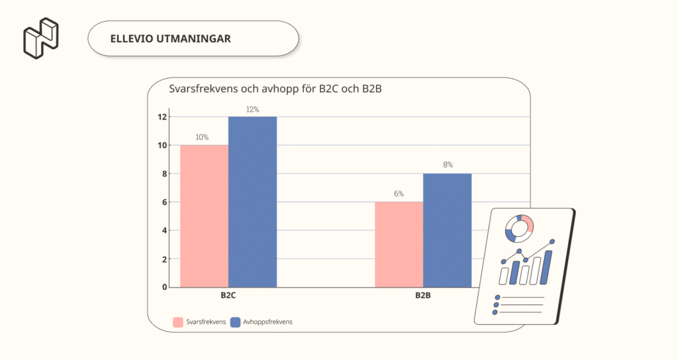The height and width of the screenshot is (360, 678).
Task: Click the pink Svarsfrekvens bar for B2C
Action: pyautogui.click(x=204, y=216)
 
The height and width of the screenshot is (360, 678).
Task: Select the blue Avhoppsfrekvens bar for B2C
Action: pyautogui.click(x=252, y=202)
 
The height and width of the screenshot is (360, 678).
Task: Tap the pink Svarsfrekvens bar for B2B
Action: pyautogui.click(x=399, y=244)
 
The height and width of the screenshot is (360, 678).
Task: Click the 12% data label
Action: pyautogui.click(x=252, y=109)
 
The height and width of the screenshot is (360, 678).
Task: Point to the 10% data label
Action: pyautogui.click(x=202, y=138)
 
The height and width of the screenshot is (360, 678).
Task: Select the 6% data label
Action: pyautogui.click(x=399, y=194)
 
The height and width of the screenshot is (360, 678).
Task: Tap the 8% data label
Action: pyautogui.click(x=447, y=165)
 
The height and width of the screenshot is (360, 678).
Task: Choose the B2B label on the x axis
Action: pyautogui.click(x=423, y=296)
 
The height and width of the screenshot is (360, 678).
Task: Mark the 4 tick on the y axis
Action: pyautogui.click(x=164, y=230)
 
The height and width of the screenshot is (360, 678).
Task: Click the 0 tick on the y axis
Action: pyautogui.click(x=164, y=287)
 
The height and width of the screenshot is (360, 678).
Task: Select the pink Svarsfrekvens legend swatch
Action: pyautogui.click(x=178, y=322)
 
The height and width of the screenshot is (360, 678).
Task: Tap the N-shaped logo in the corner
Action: pyautogui.click(x=41, y=38)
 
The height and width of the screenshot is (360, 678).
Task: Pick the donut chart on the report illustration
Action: pyautogui.click(x=519, y=228)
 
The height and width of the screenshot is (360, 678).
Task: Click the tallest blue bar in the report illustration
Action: pyautogui.click(x=547, y=267)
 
